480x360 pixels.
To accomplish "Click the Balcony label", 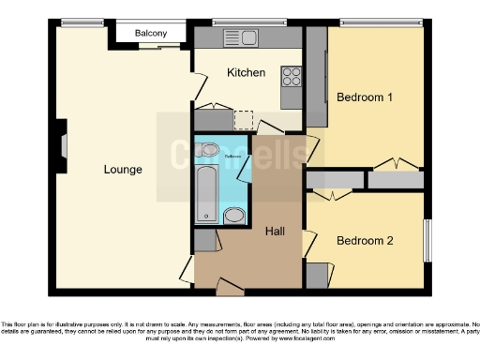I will [151, 34].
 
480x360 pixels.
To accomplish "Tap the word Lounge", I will [123, 170].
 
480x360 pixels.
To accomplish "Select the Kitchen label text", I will [247, 72].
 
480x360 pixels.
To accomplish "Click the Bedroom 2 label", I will [365, 240].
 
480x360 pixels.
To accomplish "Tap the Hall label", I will [277, 231].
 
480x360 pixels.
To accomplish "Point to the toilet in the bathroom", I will [209, 149].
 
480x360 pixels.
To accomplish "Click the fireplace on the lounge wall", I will [61, 143].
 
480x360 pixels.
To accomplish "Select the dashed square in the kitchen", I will [244, 119].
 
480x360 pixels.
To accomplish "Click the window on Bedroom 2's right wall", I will [427, 241].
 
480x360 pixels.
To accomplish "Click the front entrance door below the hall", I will [231, 285].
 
